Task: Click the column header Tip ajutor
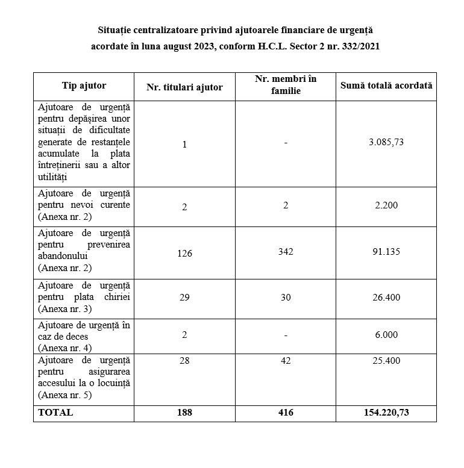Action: (x=84, y=86)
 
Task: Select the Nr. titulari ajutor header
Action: (x=184, y=87)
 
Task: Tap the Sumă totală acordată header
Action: (x=386, y=86)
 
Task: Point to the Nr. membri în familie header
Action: (x=286, y=85)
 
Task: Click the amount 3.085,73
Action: (x=386, y=143)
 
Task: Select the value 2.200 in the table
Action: (x=386, y=205)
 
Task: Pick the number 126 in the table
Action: (x=184, y=253)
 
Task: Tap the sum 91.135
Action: (x=386, y=252)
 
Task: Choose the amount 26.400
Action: (x=386, y=298)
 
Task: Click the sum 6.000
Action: (x=386, y=335)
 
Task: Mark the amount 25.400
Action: (x=386, y=361)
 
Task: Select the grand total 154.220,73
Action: (x=386, y=413)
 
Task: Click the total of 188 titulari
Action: (x=184, y=413)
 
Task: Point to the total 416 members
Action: (x=286, y=413)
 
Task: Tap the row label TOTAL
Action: (x=55, y=413)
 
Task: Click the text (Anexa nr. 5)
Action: (x=64, y=395)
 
